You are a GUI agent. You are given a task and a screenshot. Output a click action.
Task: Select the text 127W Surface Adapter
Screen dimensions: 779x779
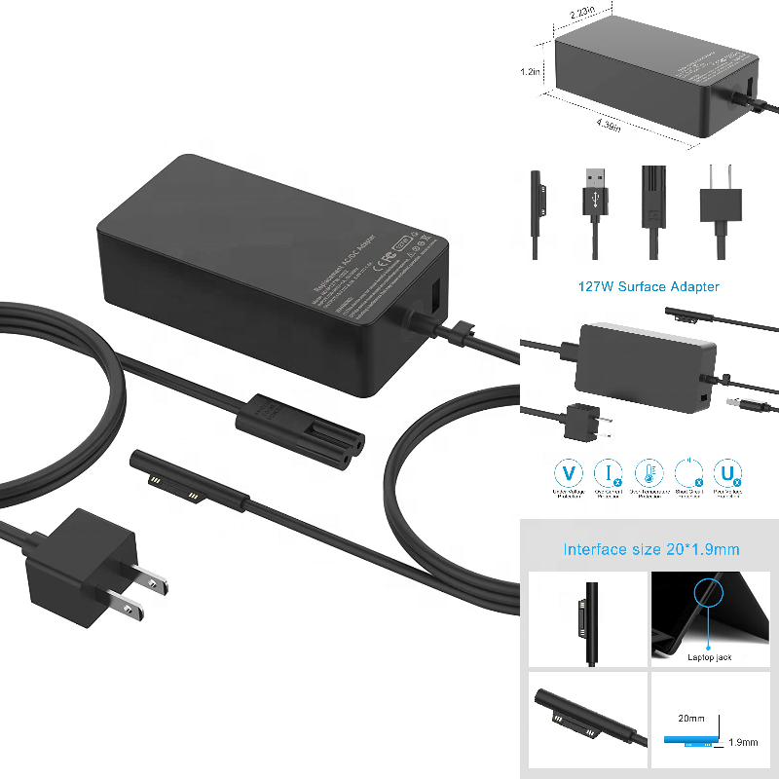pos(648,286)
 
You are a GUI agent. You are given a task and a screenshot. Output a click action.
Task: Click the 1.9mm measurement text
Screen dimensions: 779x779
pos(742,743)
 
